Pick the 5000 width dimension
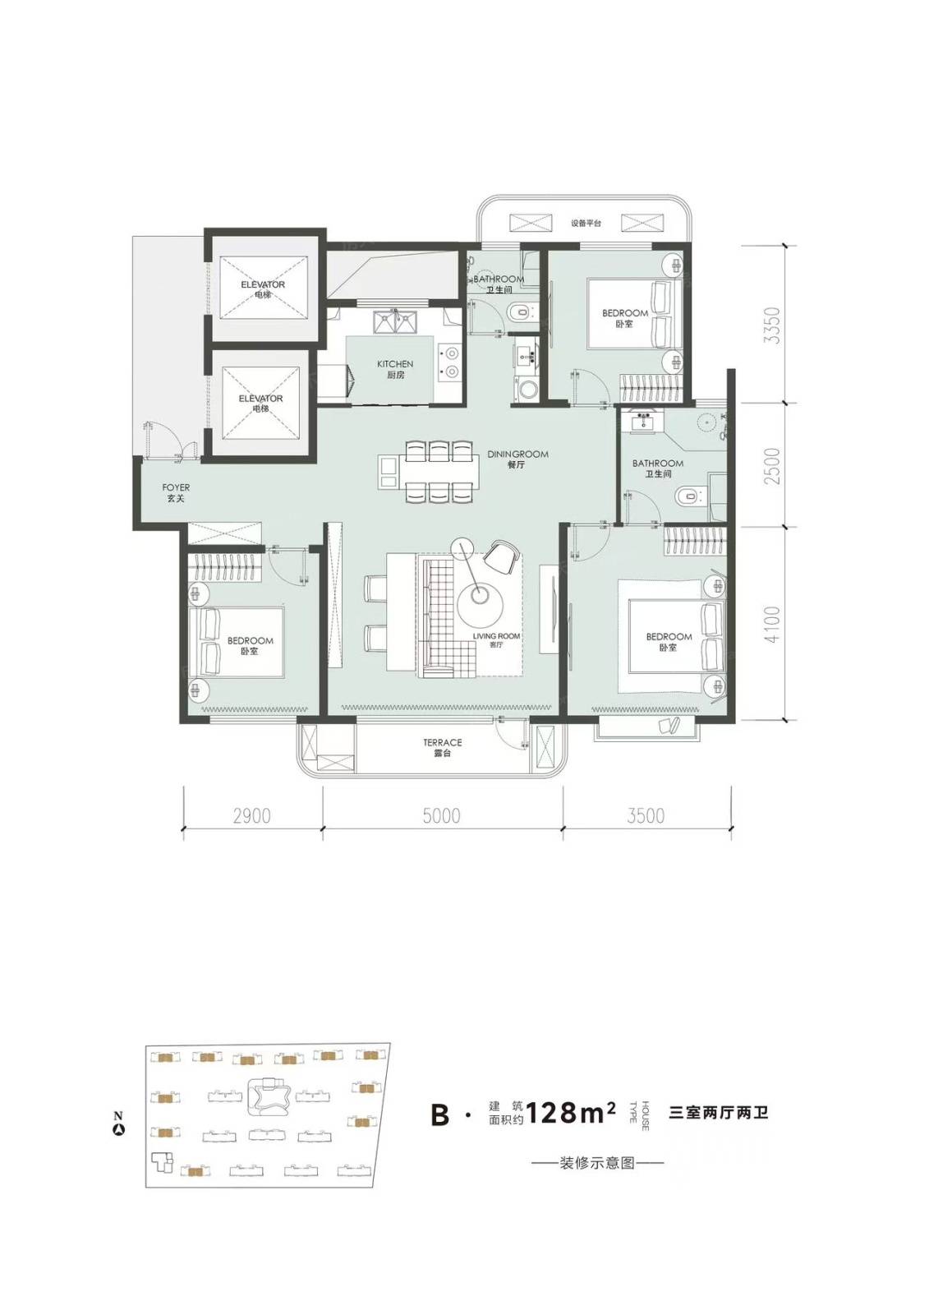441,816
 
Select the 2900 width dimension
252,816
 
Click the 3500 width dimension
646,816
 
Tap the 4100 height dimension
774,624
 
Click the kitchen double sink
395,321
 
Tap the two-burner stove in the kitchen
450,362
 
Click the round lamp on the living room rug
480,603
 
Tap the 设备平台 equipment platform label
586,223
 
